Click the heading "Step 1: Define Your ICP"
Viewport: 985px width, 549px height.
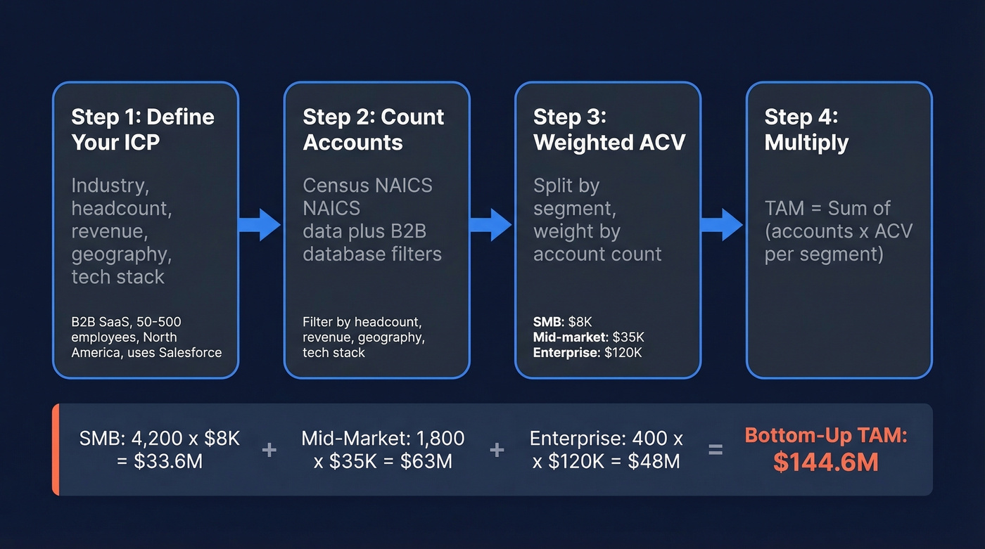(x=143, y=129)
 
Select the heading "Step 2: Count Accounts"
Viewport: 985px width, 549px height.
(x=373, y=129)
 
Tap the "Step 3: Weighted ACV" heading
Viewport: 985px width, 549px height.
(x=609, y=129)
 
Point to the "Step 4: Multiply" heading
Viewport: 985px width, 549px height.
(x=806, y=129)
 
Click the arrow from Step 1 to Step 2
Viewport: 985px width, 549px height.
(x=260, y=224)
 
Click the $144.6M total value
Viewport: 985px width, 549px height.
(x=825, y=462)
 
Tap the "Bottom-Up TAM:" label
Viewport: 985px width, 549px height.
(x=826, y=436)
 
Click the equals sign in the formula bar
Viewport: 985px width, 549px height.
(x=715, y=450)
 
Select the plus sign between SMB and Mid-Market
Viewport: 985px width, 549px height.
(x=269, y=450)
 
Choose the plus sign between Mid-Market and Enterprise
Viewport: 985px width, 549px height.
(x=497, y=450)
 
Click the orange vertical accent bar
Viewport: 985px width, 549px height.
(x=56, y=450)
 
